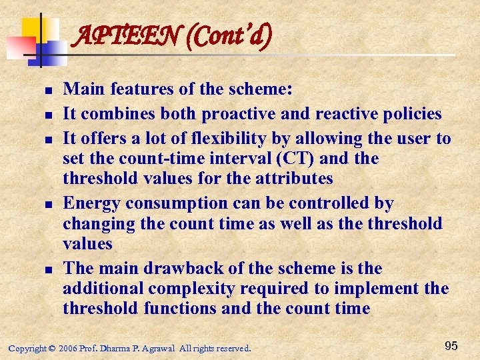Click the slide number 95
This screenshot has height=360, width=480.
[451, 345]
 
